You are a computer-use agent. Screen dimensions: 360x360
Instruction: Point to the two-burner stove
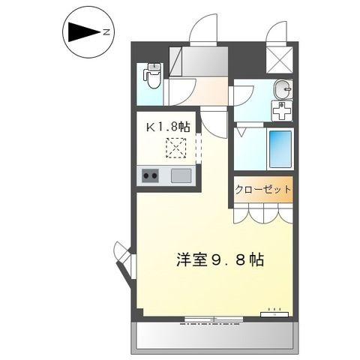[x=150, y=176]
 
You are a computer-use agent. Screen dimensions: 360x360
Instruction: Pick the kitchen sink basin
[x=181, y=176]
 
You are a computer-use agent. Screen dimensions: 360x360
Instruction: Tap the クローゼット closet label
[x=262, y=190]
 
